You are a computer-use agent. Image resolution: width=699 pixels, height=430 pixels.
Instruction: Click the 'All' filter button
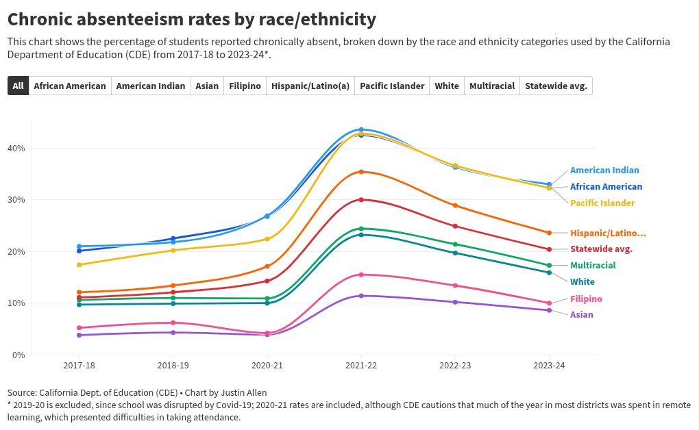[x=18, y=86]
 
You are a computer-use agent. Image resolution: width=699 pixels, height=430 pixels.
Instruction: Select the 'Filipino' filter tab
[x=245, y=86]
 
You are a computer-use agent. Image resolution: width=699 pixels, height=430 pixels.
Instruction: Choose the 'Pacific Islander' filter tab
[x=392, y=86]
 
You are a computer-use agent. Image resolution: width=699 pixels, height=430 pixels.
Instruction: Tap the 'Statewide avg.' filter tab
[x=556, y=86]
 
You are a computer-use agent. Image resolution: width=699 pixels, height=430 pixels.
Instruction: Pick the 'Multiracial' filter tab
[x=492, y=86]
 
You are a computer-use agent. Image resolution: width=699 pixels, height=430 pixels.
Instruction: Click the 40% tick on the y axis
[x=16, y=148]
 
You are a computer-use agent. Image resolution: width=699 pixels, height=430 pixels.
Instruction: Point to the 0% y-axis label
[x=19, y=355]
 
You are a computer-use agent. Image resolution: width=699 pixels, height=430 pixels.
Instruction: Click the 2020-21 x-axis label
[x=267, y=366]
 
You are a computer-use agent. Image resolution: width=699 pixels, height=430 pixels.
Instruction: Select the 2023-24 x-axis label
[x=550, y=366]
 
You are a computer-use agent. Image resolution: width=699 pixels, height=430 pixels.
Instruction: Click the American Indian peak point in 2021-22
[x=361, y=129]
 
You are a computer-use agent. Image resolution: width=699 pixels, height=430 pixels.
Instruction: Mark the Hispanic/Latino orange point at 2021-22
[x=361, y=172]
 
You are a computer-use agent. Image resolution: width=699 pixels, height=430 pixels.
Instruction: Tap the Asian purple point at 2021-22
[x=361, y=296]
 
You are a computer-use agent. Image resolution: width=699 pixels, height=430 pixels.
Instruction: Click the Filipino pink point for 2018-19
[x=173, y=322]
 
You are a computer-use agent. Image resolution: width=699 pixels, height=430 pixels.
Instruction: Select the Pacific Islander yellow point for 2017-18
[x=79, y=265]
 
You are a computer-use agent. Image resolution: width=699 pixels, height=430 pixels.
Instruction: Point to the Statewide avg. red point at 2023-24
[x=550, y=249]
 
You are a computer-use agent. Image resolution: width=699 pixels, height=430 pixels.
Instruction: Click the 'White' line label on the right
[x=582, y=281]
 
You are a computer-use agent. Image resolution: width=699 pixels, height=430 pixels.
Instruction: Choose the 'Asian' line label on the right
[x=582, y=314]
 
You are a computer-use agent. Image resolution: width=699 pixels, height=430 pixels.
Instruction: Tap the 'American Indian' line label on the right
[x=604, y=170]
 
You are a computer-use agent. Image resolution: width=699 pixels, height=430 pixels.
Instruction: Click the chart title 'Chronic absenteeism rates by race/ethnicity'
[x=191, y=19]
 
